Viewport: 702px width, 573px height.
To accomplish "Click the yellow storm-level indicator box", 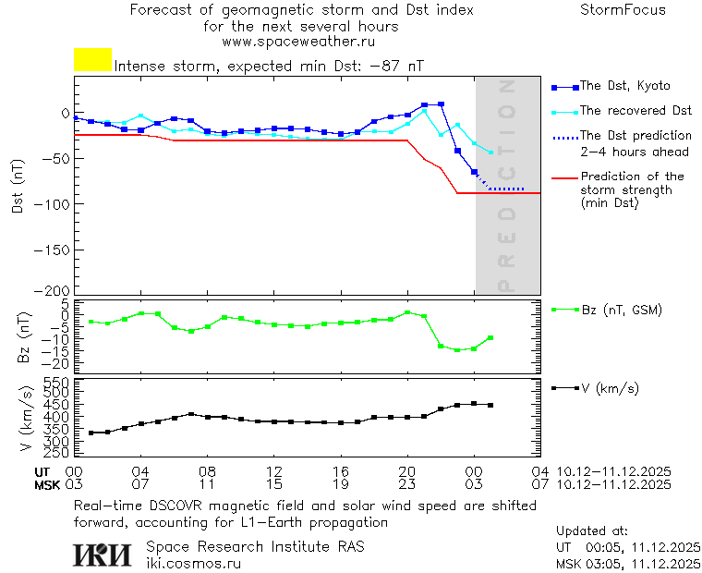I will (92, 60).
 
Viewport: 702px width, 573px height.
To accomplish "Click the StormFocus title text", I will (623, 11).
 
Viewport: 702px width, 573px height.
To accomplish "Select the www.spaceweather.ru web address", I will (298, 43).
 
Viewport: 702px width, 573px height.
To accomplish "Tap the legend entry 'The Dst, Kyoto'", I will (624, 86).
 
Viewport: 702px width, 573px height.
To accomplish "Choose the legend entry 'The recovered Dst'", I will (635, 111).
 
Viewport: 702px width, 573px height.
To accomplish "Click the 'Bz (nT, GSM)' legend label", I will (622, 310).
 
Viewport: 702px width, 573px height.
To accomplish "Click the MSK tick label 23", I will (407, 483).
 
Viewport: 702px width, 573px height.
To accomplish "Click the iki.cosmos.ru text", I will (193, 562).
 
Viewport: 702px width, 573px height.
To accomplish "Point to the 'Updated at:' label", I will (592, 531).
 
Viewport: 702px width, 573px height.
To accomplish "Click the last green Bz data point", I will (490, 338).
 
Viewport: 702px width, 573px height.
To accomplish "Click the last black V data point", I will (490, 406).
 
